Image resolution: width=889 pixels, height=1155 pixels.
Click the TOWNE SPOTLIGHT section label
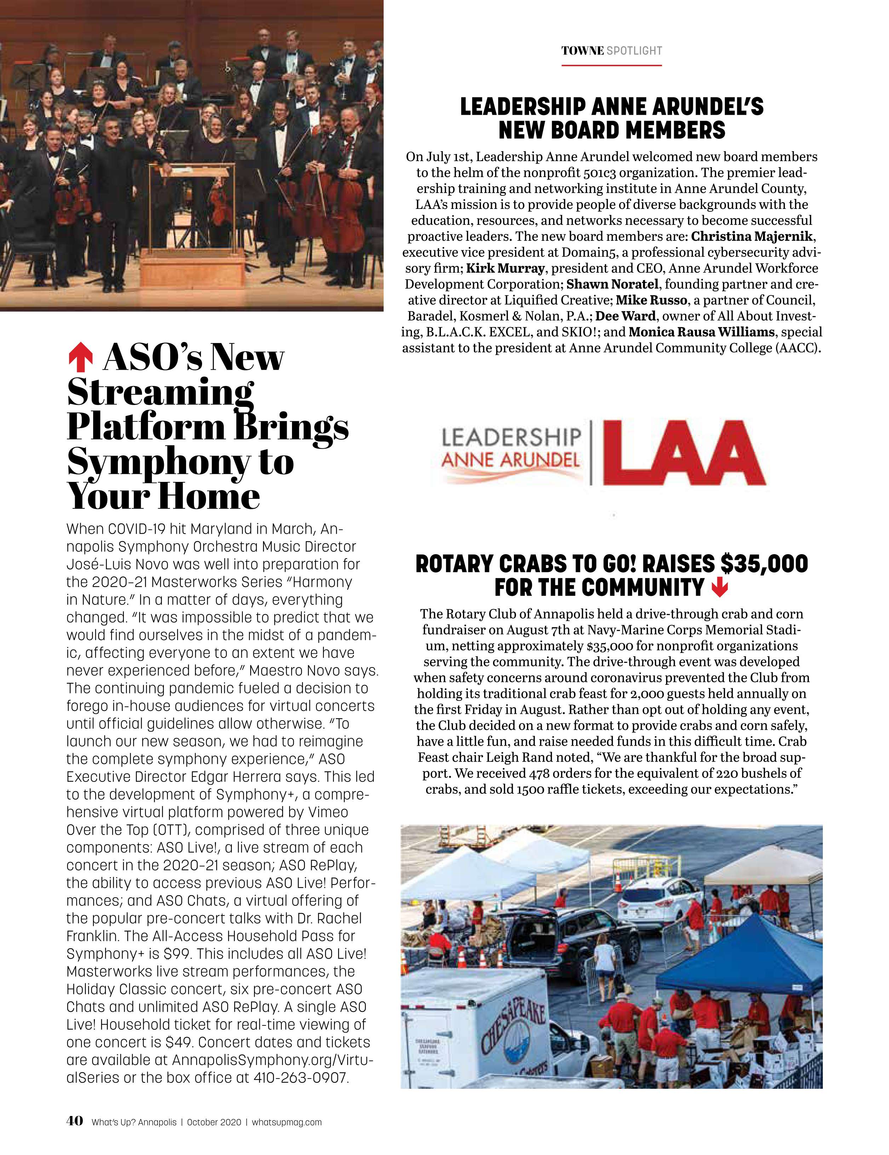pos(612,51)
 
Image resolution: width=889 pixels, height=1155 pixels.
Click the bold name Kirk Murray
pos(505,268)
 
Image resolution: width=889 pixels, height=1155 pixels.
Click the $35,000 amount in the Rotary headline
pos(764,564)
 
